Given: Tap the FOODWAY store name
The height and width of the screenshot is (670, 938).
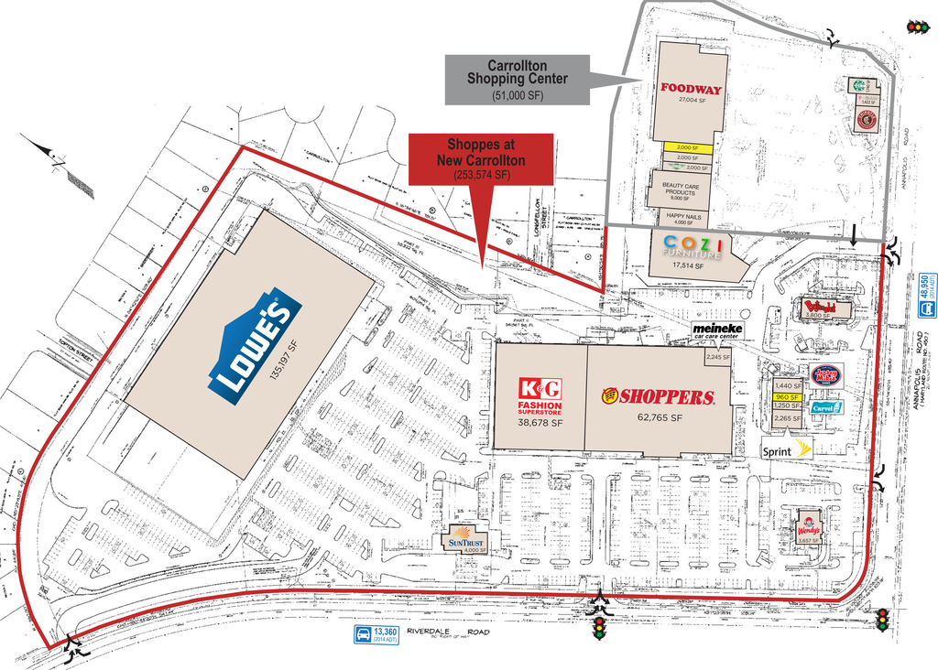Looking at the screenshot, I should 692,89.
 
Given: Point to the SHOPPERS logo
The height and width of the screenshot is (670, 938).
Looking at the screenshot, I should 658,396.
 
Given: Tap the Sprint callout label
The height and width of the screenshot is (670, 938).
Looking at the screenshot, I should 787,448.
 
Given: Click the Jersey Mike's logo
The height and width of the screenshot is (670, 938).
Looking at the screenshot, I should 826,374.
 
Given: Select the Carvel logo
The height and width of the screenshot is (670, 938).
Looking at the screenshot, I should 826,406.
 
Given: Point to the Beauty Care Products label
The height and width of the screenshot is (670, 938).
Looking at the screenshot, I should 681,189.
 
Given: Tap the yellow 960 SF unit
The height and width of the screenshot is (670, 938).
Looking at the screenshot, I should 787,397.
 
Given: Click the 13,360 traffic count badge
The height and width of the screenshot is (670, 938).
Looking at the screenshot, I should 377,635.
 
